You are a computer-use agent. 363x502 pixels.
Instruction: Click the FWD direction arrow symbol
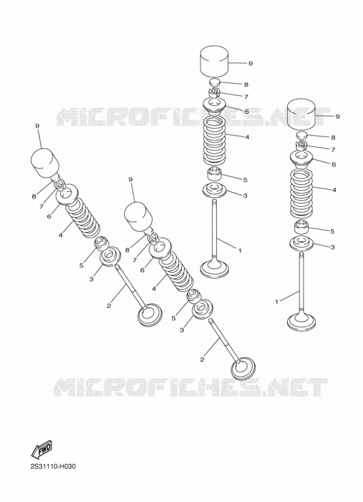pyautogui.click(x=41, y=449)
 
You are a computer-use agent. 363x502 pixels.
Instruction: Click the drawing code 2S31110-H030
pyautogui.click(x=53, y=466)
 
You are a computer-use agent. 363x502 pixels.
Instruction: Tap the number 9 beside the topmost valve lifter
pyautogui.click(x=250, y=64)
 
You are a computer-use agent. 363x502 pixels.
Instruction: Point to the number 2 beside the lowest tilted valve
pyautogui.click(x=202, y=360)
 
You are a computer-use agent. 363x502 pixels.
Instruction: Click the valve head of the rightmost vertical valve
pyautogui.click(x=302, y=322)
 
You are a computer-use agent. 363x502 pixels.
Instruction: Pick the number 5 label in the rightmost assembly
pyautogui.click(x=332, y=231)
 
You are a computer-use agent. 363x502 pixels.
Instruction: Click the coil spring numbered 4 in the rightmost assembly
pyautogui.click(x=301, y=194)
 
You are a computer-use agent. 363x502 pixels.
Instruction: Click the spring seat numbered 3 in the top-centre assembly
pyautogui.click(x=215, y=189)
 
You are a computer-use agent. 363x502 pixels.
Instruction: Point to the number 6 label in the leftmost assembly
pyautogui.click(x=49, y=216)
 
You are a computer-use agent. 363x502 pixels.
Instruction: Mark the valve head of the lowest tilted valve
pyautogui.click(x=244, y=369)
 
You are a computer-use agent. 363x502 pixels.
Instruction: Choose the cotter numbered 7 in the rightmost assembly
pyautogui.click(x=302, y=146)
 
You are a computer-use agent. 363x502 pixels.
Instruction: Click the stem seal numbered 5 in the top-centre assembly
pyautogui.click(x=215, y=173)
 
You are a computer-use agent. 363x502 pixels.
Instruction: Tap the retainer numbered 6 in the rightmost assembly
pyautogui.click(x=301, y=161)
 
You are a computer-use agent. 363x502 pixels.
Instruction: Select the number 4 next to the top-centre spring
pyautogui.click(x=247, y=137)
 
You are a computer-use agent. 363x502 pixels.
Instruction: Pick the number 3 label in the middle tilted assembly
pyautogui.click(x=182, y=330)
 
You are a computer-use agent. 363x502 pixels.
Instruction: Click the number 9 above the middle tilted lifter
pyautogui.click(x=130, y=180)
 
